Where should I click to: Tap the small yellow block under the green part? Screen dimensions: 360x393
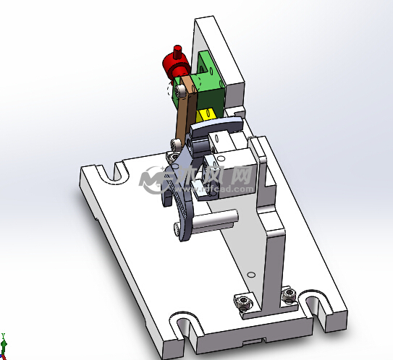tap(205, 115)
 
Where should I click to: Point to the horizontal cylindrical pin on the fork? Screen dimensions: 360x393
tap(217, 218)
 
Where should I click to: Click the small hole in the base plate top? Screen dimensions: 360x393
tap(250, 275)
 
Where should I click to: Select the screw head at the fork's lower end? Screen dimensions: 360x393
tap(177, 229)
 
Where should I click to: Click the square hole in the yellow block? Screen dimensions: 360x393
tap(206, 113)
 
